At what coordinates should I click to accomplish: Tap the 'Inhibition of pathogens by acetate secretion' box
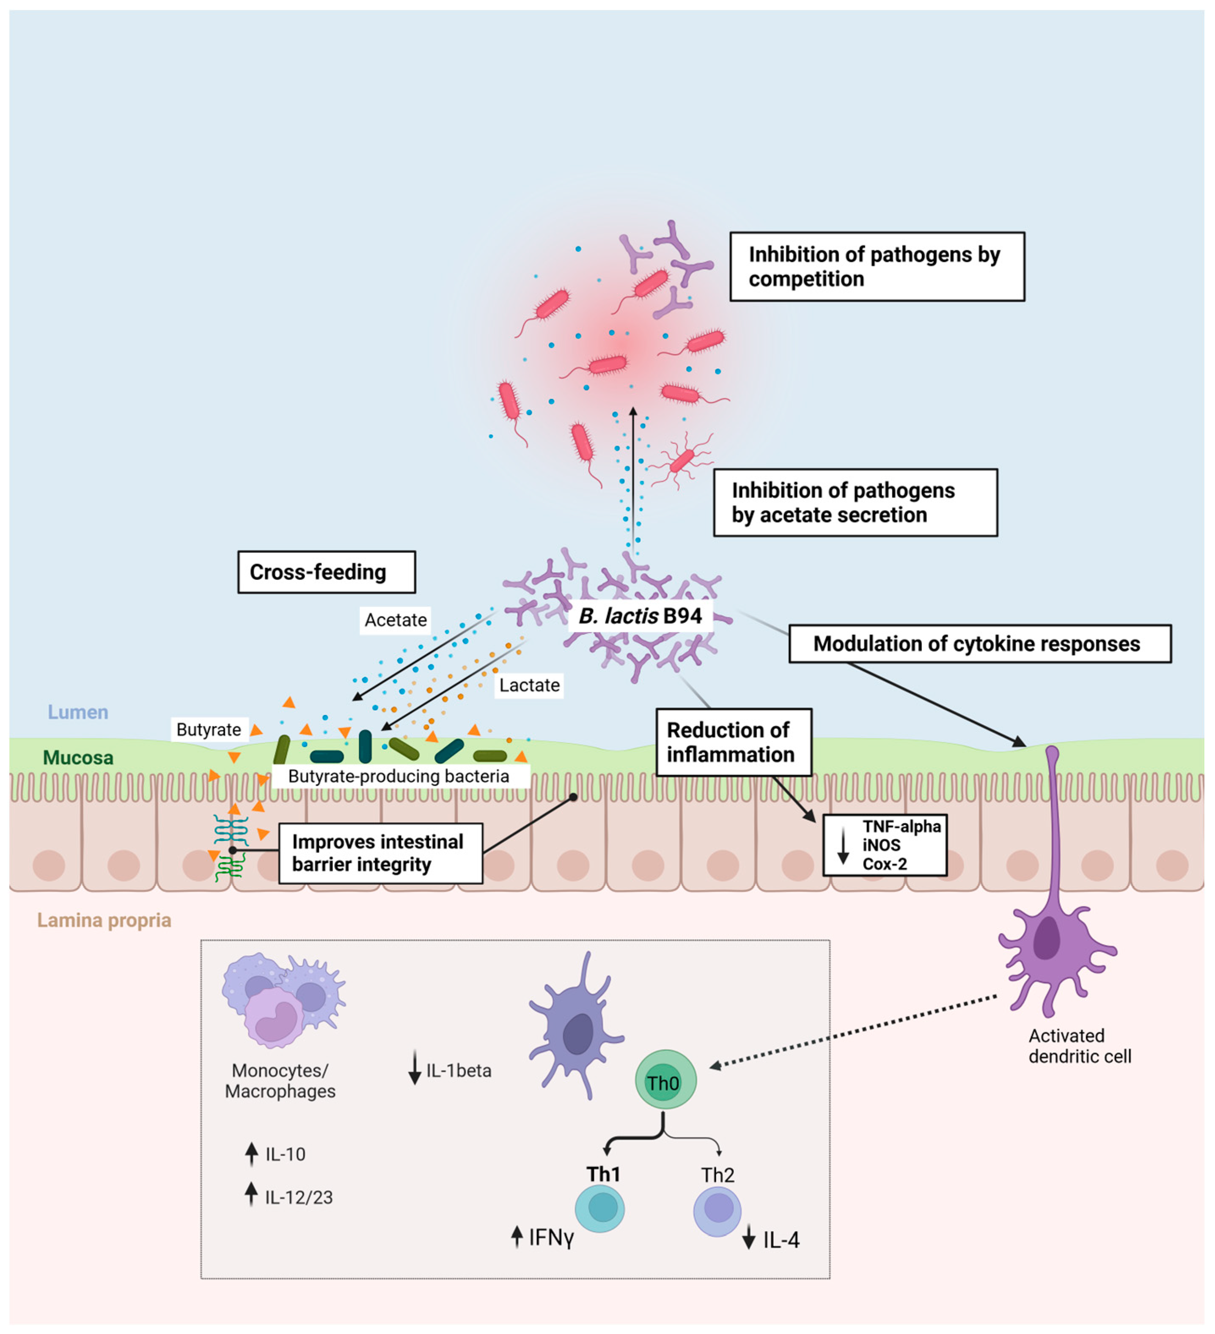855,503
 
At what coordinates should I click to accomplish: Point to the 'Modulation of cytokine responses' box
979,644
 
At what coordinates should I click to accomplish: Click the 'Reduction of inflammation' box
733,742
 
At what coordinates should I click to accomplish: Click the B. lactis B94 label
640,616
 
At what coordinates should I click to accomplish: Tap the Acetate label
395,620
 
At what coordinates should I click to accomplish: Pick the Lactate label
529,685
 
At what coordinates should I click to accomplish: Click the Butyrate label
209,730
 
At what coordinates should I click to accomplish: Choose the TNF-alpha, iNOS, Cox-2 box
885,845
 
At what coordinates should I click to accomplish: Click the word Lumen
78,712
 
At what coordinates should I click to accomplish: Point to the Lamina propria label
104,920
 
